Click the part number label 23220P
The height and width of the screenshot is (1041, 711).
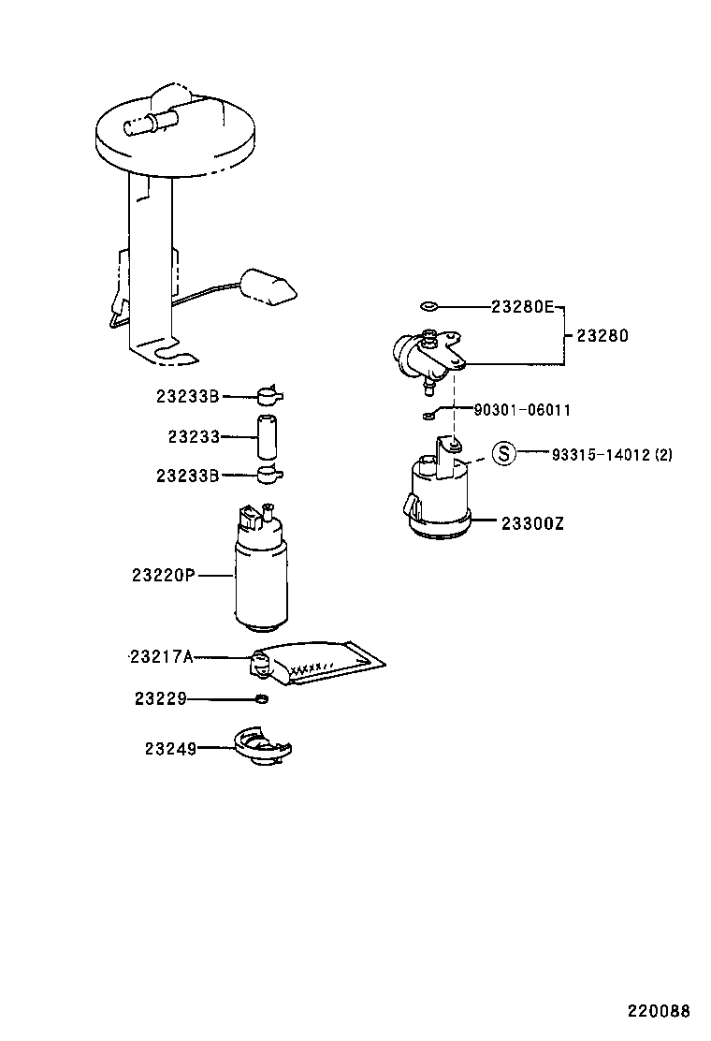163,576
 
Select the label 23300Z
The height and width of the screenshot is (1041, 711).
532,523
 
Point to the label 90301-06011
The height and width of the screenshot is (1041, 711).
523,410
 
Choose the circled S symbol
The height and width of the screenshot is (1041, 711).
504,455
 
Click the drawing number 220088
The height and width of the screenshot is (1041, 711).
659,1011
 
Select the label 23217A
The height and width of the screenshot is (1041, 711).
160,657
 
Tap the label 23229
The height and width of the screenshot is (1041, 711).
160,698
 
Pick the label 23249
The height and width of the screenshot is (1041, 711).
169,749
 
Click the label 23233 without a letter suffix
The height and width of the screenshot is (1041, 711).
194,436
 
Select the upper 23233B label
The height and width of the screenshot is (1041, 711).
187,397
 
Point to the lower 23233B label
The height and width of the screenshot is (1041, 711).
187,476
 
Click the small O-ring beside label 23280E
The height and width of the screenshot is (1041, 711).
429,306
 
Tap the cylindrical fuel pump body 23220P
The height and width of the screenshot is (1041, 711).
261,580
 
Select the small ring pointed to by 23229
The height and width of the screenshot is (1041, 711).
261,698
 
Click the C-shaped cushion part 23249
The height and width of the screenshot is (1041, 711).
261,749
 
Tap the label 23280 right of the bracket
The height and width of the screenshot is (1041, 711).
602,336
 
